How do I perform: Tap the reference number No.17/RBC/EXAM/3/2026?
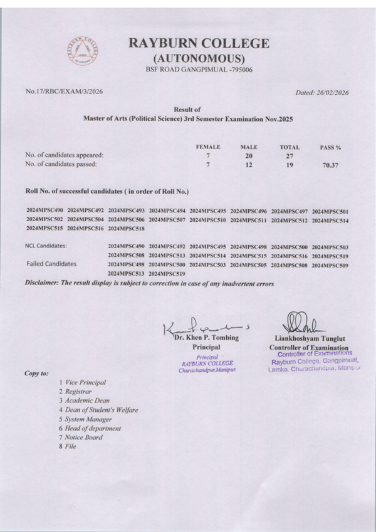pyautogui.click(x=64, y=91)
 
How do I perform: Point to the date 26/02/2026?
pyautogui.click(x=333, y=93)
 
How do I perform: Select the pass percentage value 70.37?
pyautogui.click(x=330, y=166)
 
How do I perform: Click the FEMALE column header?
pyautogui.click(x=208, y=147)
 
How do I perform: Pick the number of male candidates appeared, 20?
pyautogui.click(x=249, y=156)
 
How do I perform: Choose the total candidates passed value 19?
pyautogui.click(x=289, y=166)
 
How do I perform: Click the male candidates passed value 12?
pyautogui.click(x=249, y=166)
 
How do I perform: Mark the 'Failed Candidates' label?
pyautogui.click(x=51, y=264)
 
